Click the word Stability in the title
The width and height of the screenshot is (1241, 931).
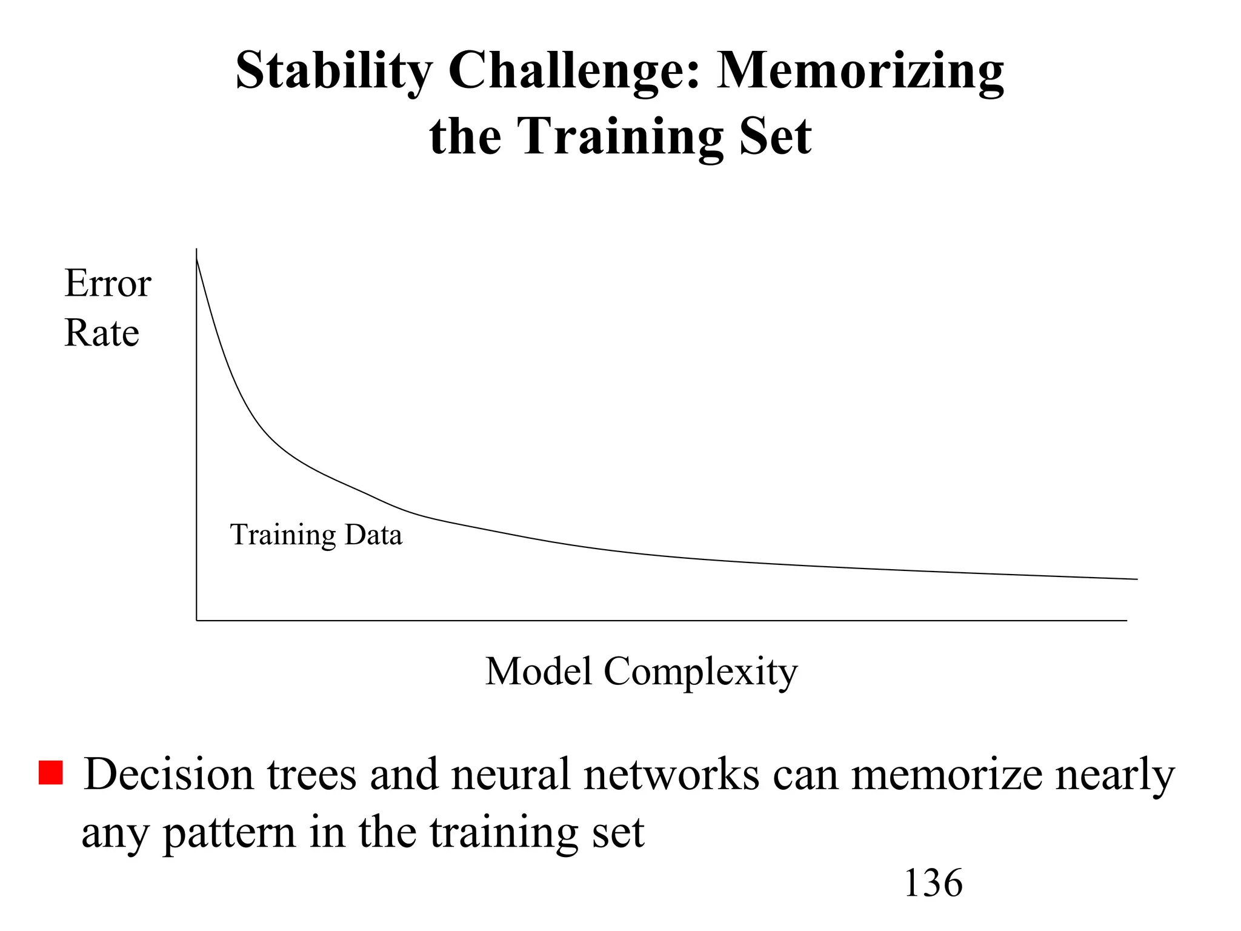pos(334,71)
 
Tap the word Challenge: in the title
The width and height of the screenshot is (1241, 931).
pos(575,71)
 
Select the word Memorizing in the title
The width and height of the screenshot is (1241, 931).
pos(860,71)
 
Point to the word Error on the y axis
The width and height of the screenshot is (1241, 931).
pos(108,283)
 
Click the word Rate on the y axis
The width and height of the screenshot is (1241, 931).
pos(102,333)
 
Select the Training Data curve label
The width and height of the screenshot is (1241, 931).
pos(316,535)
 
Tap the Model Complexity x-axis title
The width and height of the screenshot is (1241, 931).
pos(641,672)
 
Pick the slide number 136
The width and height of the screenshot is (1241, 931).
pos(933,883)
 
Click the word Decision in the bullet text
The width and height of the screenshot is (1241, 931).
pos(168,775)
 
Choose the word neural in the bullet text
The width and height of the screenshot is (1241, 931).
pos(512,775)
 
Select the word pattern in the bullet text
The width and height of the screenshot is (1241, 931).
pos(230,833)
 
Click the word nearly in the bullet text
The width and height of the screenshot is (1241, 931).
pos(1115,775)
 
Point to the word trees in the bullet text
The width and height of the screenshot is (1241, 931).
pos(312,775)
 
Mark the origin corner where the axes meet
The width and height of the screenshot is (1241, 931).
pos(196,620)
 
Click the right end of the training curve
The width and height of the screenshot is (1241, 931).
pos(1137,579)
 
